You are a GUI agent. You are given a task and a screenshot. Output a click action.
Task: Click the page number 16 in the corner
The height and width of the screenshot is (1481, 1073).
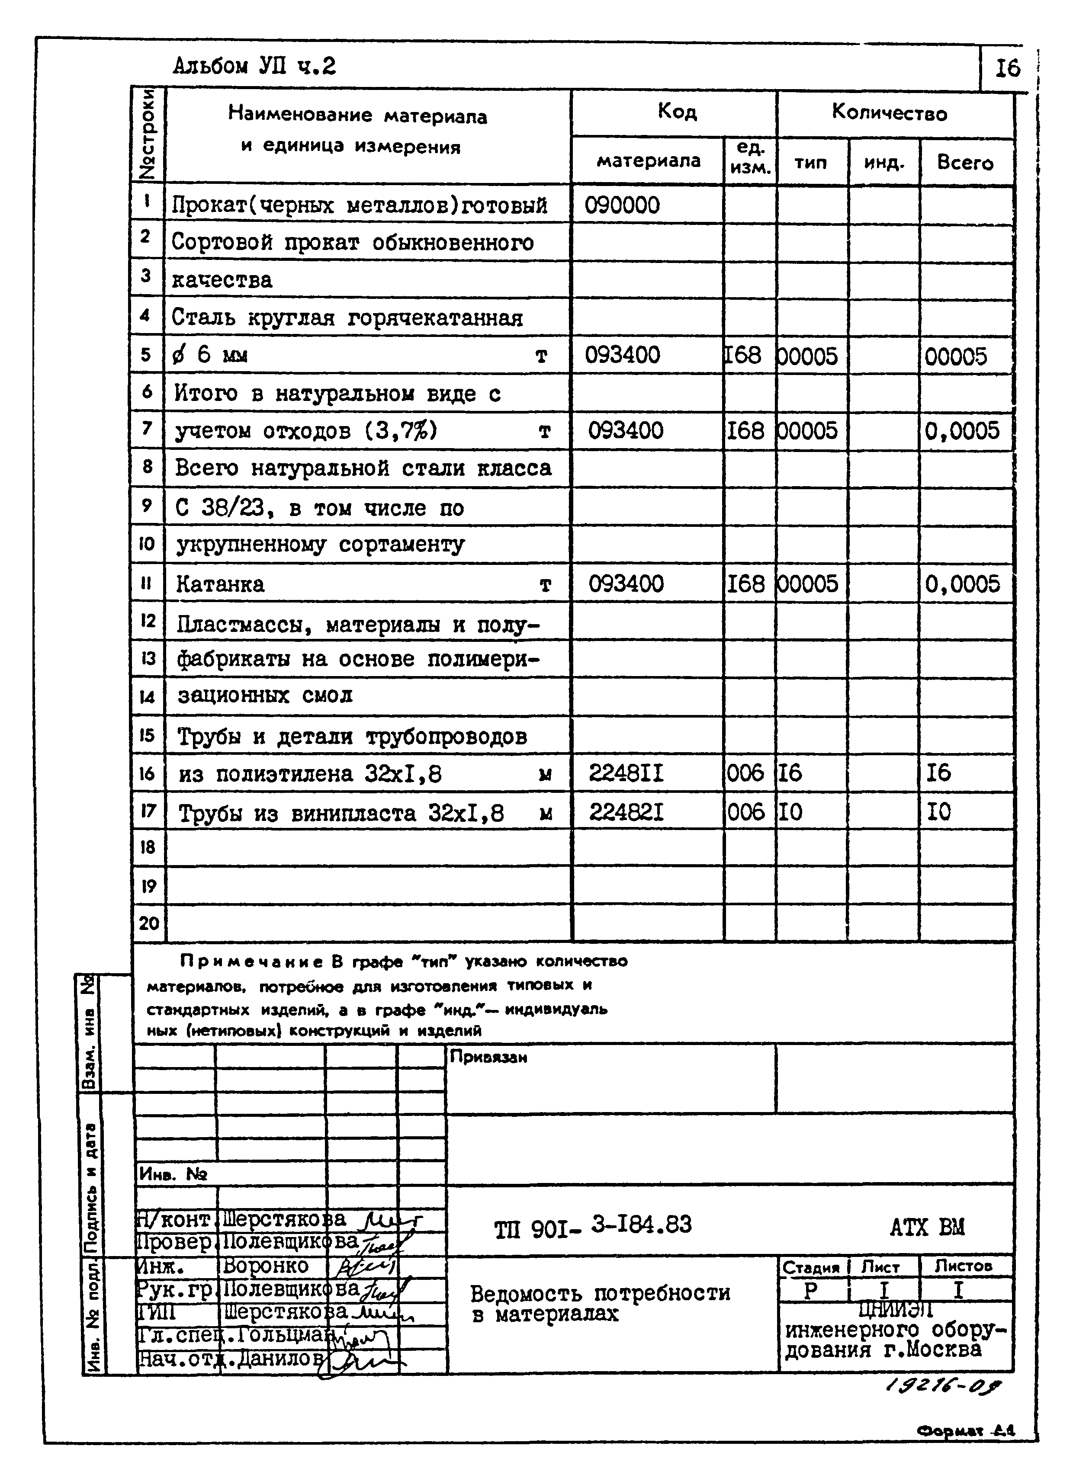(x=1008, y=68)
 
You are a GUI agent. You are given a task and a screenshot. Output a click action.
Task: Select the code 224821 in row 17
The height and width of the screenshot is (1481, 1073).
(x=626, y=812)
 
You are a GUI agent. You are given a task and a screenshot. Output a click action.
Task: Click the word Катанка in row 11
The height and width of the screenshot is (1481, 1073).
(x=220, y=584)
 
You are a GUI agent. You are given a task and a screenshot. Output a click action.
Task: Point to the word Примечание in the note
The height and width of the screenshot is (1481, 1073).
(x=252, y=961)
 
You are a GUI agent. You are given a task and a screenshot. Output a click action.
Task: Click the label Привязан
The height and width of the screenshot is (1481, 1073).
(x=488, y=1057)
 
